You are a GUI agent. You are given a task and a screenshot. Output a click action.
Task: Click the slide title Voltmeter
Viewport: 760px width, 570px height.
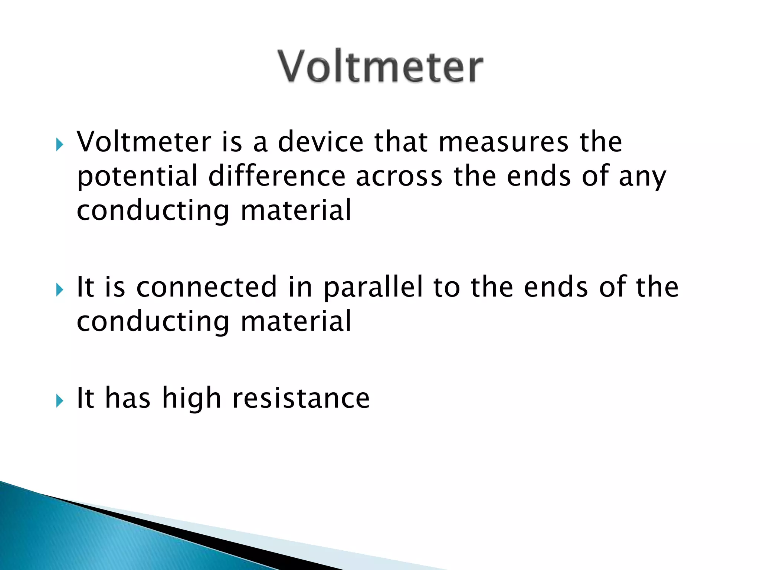coord(380,67)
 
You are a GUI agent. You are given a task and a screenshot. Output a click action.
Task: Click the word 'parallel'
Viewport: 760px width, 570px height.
coord(373,288)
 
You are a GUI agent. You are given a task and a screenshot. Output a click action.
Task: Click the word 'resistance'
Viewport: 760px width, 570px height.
coord(301,398)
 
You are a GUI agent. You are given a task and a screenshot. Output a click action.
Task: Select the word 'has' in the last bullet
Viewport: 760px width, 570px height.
coord(128,398)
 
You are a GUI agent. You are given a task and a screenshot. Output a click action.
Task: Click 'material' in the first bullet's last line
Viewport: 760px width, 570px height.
coord(296,210)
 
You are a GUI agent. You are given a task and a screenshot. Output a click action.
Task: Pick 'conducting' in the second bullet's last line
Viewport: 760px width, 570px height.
coord(153,322)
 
